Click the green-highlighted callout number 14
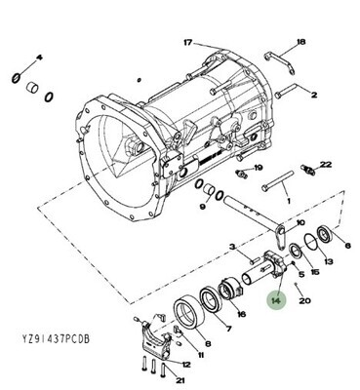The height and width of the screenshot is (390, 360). tap(276, 301)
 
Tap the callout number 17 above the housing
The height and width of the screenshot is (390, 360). tap(188, 43)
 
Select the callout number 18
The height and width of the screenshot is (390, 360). tap(301, 42)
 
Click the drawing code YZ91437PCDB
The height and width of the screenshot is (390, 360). tap(56, 339)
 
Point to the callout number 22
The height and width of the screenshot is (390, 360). tap(326, 165)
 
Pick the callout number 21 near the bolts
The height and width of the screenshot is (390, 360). tap(180, 380)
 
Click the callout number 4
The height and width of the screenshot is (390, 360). tap(39, 58)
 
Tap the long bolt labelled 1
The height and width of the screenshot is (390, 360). tap(278, 181)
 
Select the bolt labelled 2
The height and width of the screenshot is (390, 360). tap(286, 91)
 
